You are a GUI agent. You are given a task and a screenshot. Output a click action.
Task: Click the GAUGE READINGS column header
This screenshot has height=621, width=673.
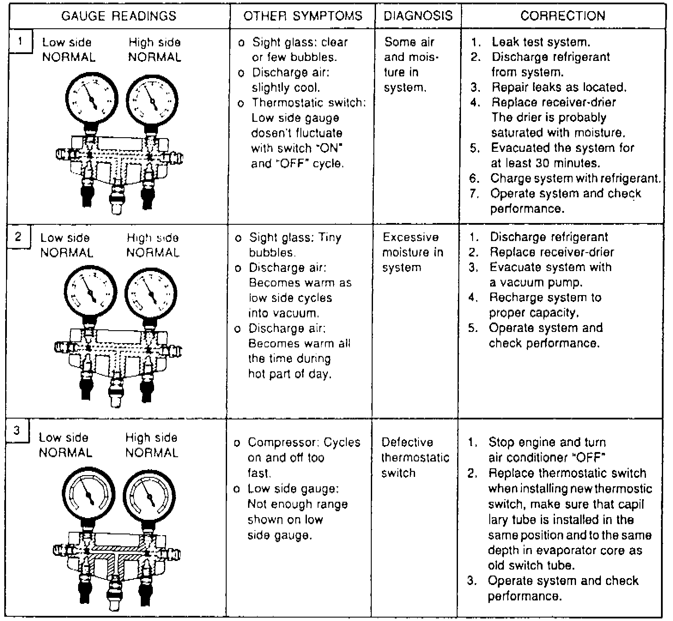click(x=119, y=16)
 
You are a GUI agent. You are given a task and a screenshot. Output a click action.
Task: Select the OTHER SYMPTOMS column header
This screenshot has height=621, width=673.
click(x=303, y=16)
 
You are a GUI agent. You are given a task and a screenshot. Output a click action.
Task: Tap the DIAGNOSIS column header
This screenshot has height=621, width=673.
click(x=418, y=16)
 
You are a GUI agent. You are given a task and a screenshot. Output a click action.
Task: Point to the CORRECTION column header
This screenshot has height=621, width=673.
click(x=563, y=16)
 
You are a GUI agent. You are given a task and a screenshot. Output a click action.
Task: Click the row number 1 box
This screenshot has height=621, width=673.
click(x=20, y=42)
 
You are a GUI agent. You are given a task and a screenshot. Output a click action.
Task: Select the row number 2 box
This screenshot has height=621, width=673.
click(x=18, y=237)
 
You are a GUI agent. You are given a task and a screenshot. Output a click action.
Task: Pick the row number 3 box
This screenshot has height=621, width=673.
click(x=17, y=431)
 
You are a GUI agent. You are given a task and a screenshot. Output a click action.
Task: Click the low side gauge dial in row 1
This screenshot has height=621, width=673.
click(x=91, y=100)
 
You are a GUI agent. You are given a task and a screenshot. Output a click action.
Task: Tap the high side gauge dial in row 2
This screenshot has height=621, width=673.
click(x=151, y=294)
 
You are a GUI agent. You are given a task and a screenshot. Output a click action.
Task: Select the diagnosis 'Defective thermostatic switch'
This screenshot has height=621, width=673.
click(x=415, y=458)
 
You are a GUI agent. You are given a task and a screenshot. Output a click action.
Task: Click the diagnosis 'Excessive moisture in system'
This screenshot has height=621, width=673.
click(x=412, y=252)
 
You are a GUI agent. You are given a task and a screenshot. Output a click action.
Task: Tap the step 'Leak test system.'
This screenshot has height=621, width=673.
click(x=541, y=42)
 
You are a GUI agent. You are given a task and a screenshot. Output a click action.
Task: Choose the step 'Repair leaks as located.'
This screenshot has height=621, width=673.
click(x=559, y=87)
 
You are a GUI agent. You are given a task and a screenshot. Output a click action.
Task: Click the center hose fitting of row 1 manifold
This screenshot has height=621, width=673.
click(x=116, y=197)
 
